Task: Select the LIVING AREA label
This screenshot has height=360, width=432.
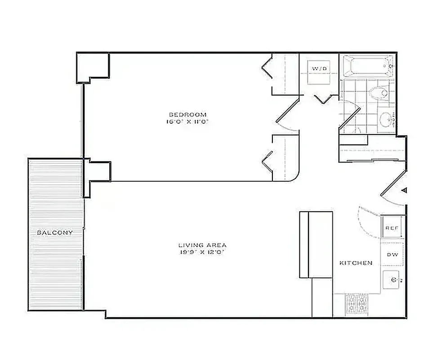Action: pyautogui.click(x=202, y=245)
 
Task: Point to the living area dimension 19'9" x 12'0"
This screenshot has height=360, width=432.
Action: pyautogui.click(x=202, y=253)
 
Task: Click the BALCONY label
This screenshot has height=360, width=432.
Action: pyautogui.click(x=55, y=232)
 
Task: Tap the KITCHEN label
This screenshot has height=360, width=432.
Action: pyautogui.click(x=356, y=263)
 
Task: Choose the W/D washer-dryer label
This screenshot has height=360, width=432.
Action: pyautogui.click(x=320, y=68)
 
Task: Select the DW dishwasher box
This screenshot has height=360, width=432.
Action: pyautogui.click(x=392, y=255)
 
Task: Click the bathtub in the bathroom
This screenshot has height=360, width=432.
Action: pyautogui.click(x=368, y=67)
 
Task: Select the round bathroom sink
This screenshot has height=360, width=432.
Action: pyautogui.click(x=386, y=119)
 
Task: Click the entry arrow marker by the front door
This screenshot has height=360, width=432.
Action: pyautogui.click(x=404, y=190)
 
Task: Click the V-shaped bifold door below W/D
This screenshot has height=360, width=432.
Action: pyautogui.click(x=325, y=99)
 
